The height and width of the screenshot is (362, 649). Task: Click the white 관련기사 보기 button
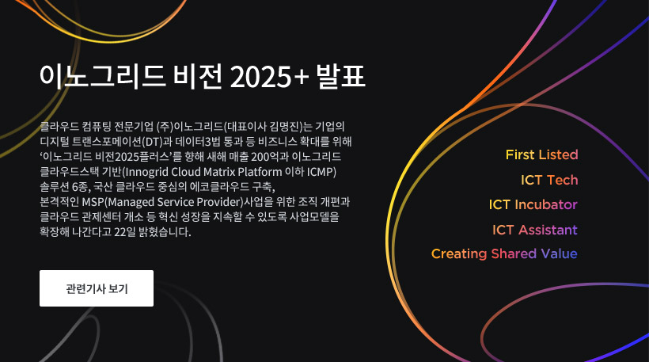97,288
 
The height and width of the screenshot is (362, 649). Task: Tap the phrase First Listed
542,154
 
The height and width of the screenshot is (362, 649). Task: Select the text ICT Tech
549,180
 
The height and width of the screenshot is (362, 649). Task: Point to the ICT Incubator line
533,204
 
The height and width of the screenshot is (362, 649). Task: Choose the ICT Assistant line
535,230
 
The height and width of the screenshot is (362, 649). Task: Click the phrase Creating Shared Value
504,253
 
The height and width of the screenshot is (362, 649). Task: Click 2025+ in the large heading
269,77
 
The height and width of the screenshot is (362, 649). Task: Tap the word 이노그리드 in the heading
102,76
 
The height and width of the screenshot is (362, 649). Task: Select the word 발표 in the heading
340,76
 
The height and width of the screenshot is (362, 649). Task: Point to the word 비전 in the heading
198,76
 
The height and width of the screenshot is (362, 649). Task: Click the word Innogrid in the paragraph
146,172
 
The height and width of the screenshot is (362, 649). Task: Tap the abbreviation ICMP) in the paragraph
321,172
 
